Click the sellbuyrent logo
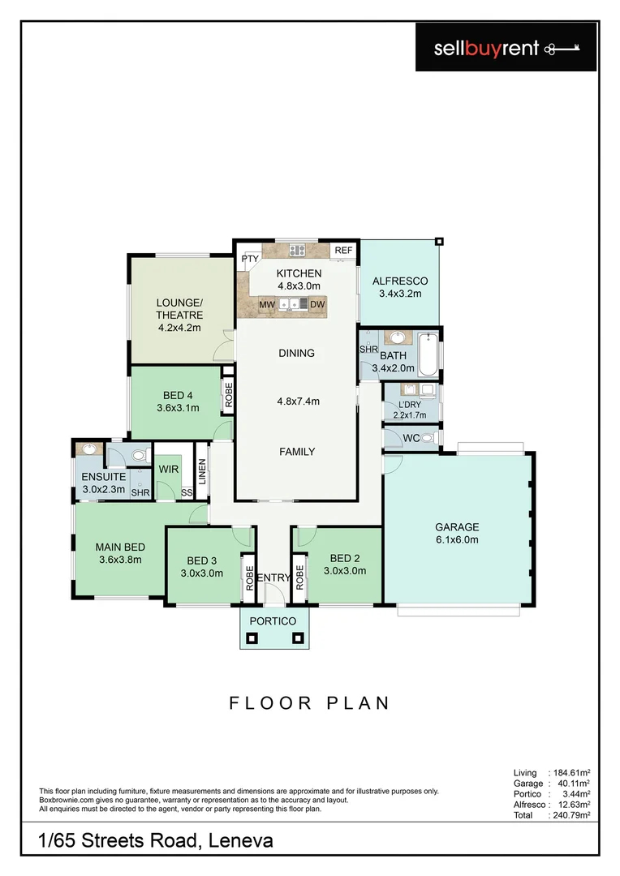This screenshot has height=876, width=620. point(506,49)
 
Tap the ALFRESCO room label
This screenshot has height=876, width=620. point(400,281)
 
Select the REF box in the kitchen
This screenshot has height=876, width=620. point(343,251)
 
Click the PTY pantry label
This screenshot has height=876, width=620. point(248,260)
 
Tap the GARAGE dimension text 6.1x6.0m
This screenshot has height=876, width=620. point(457,539)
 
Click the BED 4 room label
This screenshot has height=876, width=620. point(178,396)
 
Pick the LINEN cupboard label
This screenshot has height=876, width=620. point(202,473)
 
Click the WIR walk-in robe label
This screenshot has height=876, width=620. point(169,469)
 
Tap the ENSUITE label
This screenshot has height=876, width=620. point(103,477)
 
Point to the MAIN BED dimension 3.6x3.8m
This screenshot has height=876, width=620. point(120,560)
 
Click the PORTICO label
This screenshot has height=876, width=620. point(274,620)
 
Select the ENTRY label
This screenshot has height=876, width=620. point(273,578)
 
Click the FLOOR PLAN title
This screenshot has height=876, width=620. point(308,702)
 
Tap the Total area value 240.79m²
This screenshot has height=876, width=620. point(570,815)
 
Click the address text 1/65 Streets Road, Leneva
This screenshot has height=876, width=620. point(156,841)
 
